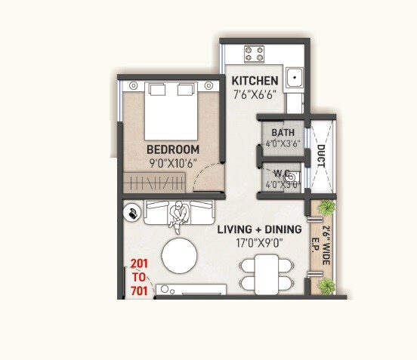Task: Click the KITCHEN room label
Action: point(255,81)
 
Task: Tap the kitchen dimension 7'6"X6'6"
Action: point(255,95)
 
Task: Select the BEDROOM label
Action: point(173,149)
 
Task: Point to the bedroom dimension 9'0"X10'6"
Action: point(173,162)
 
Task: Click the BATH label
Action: point(283,132)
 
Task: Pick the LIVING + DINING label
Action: point(259,229)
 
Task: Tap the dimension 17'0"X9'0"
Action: point(259,244)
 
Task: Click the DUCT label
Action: point(321,156)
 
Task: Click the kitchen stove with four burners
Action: point(254,54)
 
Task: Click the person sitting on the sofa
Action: point(179,216)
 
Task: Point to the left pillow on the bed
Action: point(157,91)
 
